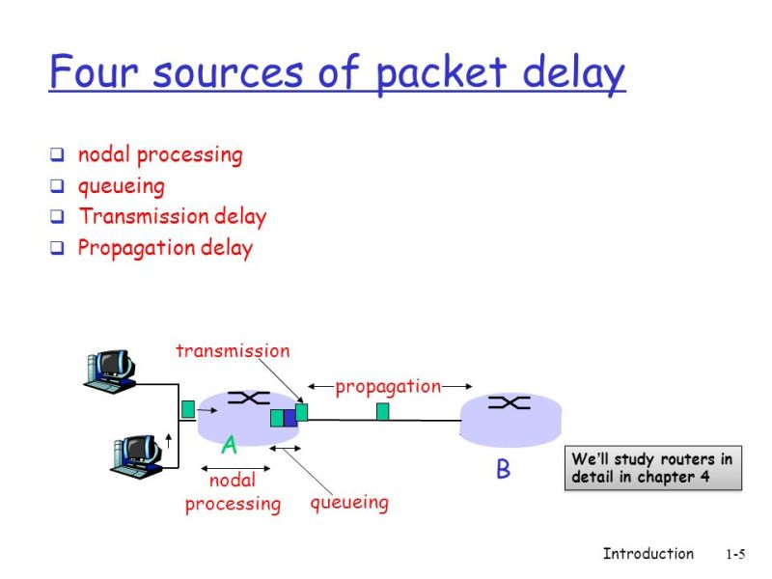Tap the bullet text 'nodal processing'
pyautogui.click(x=160, y=154)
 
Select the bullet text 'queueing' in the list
pyautogui.click(x=121, y=185)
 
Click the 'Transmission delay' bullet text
pyautogui.click(x=172, y=216)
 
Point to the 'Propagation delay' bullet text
pyautogui.click(x=165, y=248)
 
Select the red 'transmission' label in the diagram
pyautogui.click(x=233, y=351)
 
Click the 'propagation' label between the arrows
pyautogui.click(x=388, y=386)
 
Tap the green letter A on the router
pyautogui.click(x=229, y=445)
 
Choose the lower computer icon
pyautogui.click(x=135, y=455)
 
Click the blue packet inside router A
pyautogui.click(x=289, y=418)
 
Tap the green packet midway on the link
pyautogui.click(x=383, y=412)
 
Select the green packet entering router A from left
pyautogui.click(x=188, y=408)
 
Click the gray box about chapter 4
pyautogui.click(x=652, y=468)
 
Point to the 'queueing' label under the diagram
pyautogui.click(x=349, y=502)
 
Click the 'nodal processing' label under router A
pyautogui.click(x=233, y=492)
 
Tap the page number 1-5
pyautogui.click(x=735, y=555)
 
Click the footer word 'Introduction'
pyautogui.click(x=648, y=554)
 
